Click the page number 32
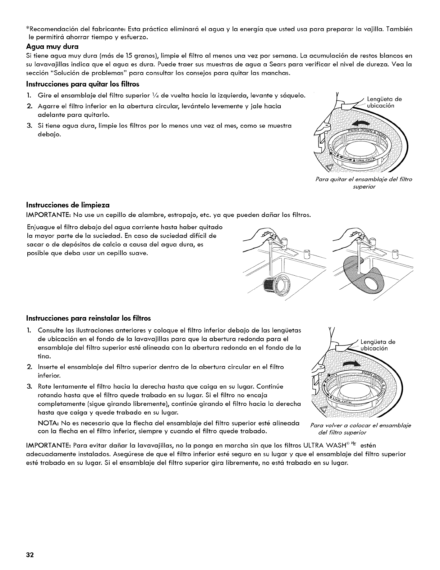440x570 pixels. point(29,555)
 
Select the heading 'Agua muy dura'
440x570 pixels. point(52,46)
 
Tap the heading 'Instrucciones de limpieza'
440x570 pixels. point(68,205)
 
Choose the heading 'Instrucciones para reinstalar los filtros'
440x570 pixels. point(88,318)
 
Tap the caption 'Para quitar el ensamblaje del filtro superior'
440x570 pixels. point(362,183)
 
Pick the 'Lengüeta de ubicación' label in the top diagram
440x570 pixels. point(383,103)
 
